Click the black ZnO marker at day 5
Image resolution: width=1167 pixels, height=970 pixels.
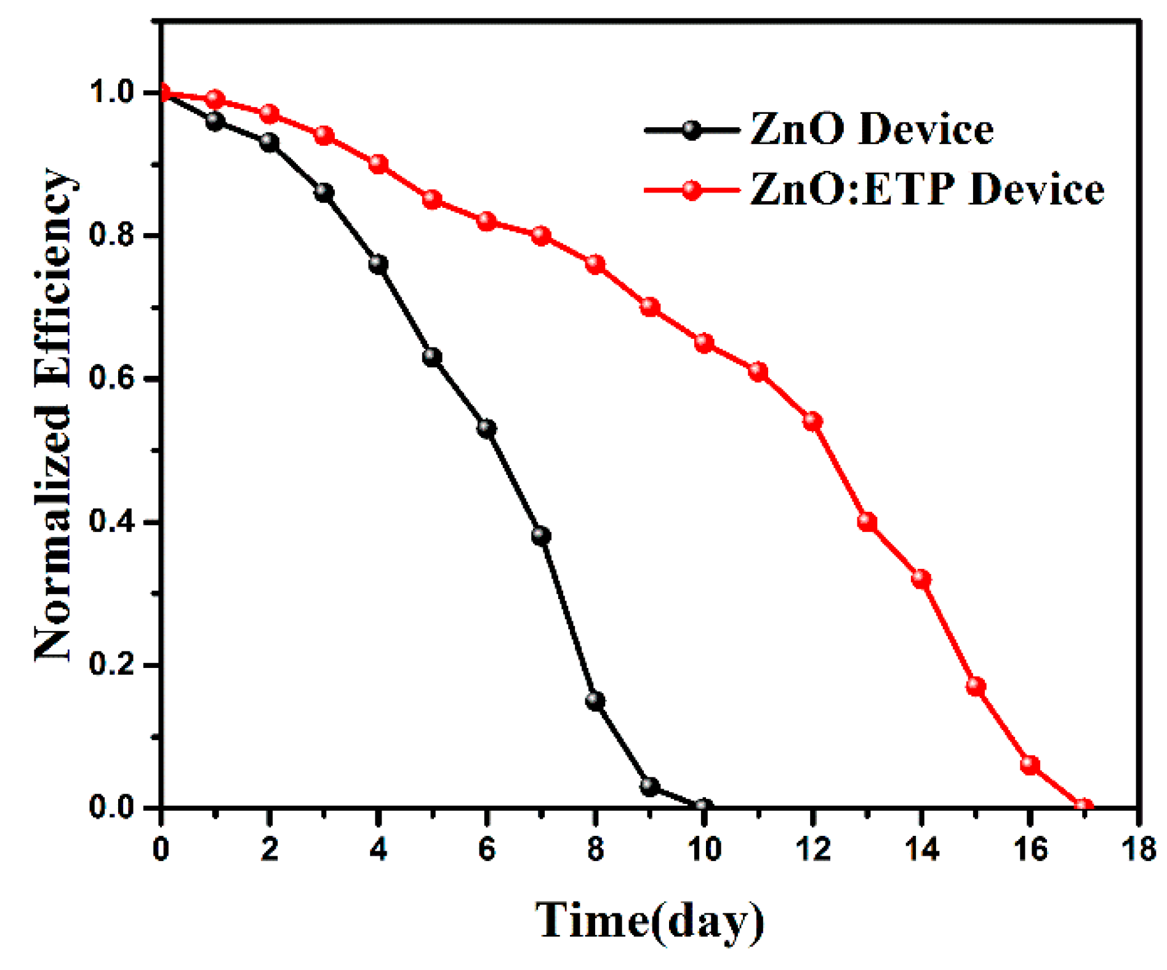click(x=432, y=357)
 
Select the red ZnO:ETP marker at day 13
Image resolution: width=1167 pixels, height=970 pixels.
click(x=867, y=522)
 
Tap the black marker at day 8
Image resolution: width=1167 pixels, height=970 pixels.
click(x=595, y=700)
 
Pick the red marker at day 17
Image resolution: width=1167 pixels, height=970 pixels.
click(x=1083, y=806)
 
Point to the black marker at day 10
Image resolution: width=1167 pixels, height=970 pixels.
click(x=704, y=806)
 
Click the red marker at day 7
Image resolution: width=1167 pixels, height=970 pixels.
click(x=541, y=236)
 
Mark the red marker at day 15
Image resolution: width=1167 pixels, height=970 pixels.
click(x=976, y=686)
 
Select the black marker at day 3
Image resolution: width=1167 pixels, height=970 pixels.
click(x=324, y=193)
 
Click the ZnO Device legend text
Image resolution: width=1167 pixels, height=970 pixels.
click(x=872, y=130)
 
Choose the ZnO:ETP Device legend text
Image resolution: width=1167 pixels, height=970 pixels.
click(x=927, y=189)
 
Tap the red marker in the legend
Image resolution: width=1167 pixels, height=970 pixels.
click(x=692, y=190)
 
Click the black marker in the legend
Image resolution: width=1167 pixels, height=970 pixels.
click(x=692, y=130)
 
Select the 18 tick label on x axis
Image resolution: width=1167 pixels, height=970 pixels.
click(x=1139, y=850)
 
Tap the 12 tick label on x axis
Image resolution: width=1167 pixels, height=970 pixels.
click(x=812, y=850)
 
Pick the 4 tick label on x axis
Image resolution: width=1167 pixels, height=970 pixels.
click(x=378, y=850)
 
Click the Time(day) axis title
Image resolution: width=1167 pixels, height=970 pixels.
click(x=649, y=921)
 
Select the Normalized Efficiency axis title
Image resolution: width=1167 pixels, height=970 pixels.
click(x=54, y=415)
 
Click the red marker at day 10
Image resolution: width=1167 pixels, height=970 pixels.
click(x=704, y=343)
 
